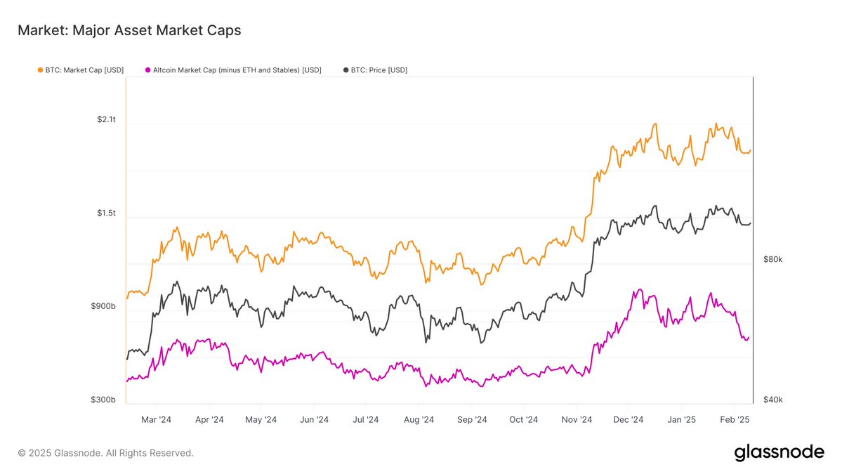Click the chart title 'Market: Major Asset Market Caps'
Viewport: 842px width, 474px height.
click(129, 30)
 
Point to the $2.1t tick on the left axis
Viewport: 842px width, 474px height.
click(106, 120)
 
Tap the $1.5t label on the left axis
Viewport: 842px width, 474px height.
click(106, 213)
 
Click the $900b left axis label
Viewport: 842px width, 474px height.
click(104, 307)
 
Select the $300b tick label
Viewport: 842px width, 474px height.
click(104, 400)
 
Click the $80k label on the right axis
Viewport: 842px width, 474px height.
click(772, 260)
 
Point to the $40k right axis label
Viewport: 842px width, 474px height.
click(772, 400)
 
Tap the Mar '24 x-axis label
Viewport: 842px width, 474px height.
click(156, 420)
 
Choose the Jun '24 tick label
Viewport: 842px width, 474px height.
click(314, 420)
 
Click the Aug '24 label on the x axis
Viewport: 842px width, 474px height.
click(419, 420)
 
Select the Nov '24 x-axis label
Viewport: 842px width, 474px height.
click(577, 420)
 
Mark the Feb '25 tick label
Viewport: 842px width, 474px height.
click(735, 420)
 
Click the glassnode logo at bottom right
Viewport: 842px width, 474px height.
click(779, 453)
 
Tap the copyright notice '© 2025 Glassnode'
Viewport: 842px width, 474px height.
click(105, 454)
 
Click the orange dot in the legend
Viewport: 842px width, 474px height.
click(40, 70)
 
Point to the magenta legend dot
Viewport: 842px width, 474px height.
click(147, 70)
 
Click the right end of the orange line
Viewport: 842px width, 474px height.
click(751, 150)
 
